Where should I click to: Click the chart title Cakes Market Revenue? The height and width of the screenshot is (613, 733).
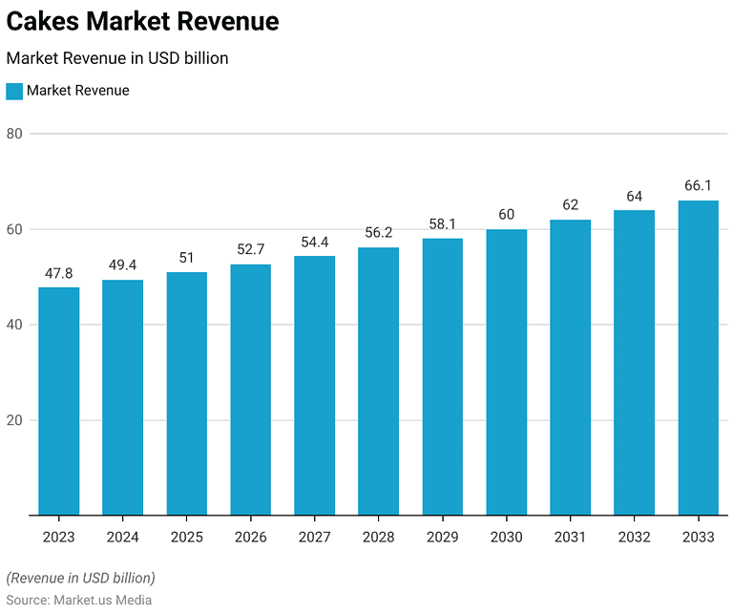142,22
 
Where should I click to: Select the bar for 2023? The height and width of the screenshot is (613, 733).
59,401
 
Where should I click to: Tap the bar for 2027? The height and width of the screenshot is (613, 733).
315,386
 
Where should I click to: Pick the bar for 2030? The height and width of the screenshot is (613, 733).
507,372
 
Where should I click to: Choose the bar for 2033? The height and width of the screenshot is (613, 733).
699,358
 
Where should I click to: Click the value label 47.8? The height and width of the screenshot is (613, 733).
59,272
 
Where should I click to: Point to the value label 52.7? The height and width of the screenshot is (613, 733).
251,249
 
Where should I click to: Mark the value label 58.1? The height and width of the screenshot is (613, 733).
443,223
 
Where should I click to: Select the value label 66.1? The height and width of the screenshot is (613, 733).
699,185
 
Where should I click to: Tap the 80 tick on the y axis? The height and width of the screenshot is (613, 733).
16,134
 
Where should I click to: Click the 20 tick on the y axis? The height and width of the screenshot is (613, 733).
16,420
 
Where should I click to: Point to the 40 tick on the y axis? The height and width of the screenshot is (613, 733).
16,325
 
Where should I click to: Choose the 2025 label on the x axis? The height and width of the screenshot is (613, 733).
187,538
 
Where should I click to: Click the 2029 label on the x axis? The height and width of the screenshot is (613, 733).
443,538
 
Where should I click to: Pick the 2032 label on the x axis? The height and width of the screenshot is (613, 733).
635,538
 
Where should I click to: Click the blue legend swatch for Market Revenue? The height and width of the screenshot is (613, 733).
14,91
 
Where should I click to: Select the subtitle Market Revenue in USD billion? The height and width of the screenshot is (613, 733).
117,58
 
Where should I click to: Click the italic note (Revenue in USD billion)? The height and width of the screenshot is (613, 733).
80,578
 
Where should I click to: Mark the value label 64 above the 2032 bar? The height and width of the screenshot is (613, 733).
635,196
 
